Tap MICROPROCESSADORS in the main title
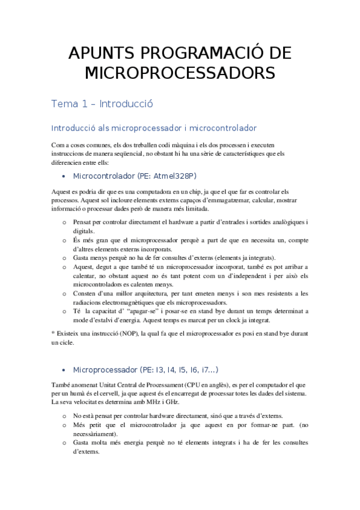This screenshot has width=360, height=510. [180, 73]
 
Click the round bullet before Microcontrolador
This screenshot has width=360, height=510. [64, 177]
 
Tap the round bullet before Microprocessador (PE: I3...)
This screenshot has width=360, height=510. [64, 369]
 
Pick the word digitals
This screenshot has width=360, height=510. [84, 232]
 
